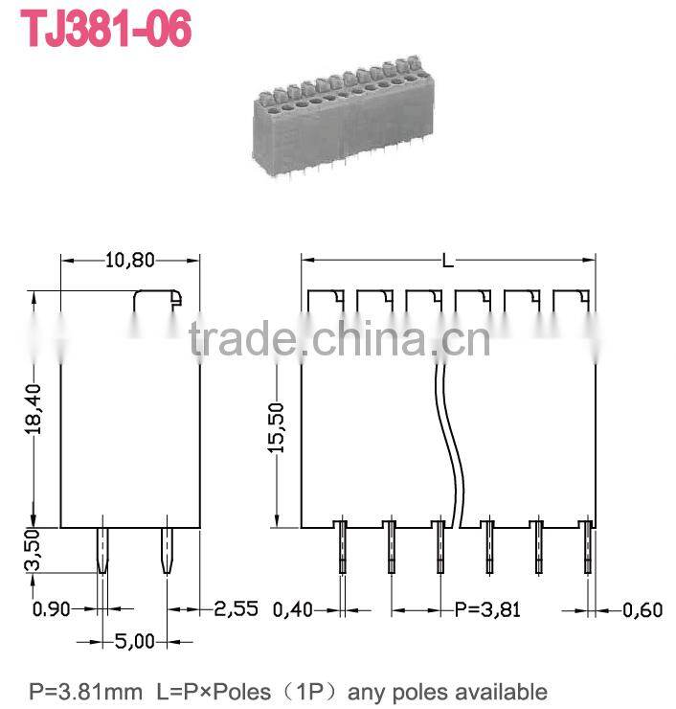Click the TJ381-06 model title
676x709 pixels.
(x=106, y=30)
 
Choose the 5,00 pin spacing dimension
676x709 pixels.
(x=134, y=641)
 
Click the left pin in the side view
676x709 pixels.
(x=101, y=550)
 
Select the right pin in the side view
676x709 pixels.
(x=166, y=550)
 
